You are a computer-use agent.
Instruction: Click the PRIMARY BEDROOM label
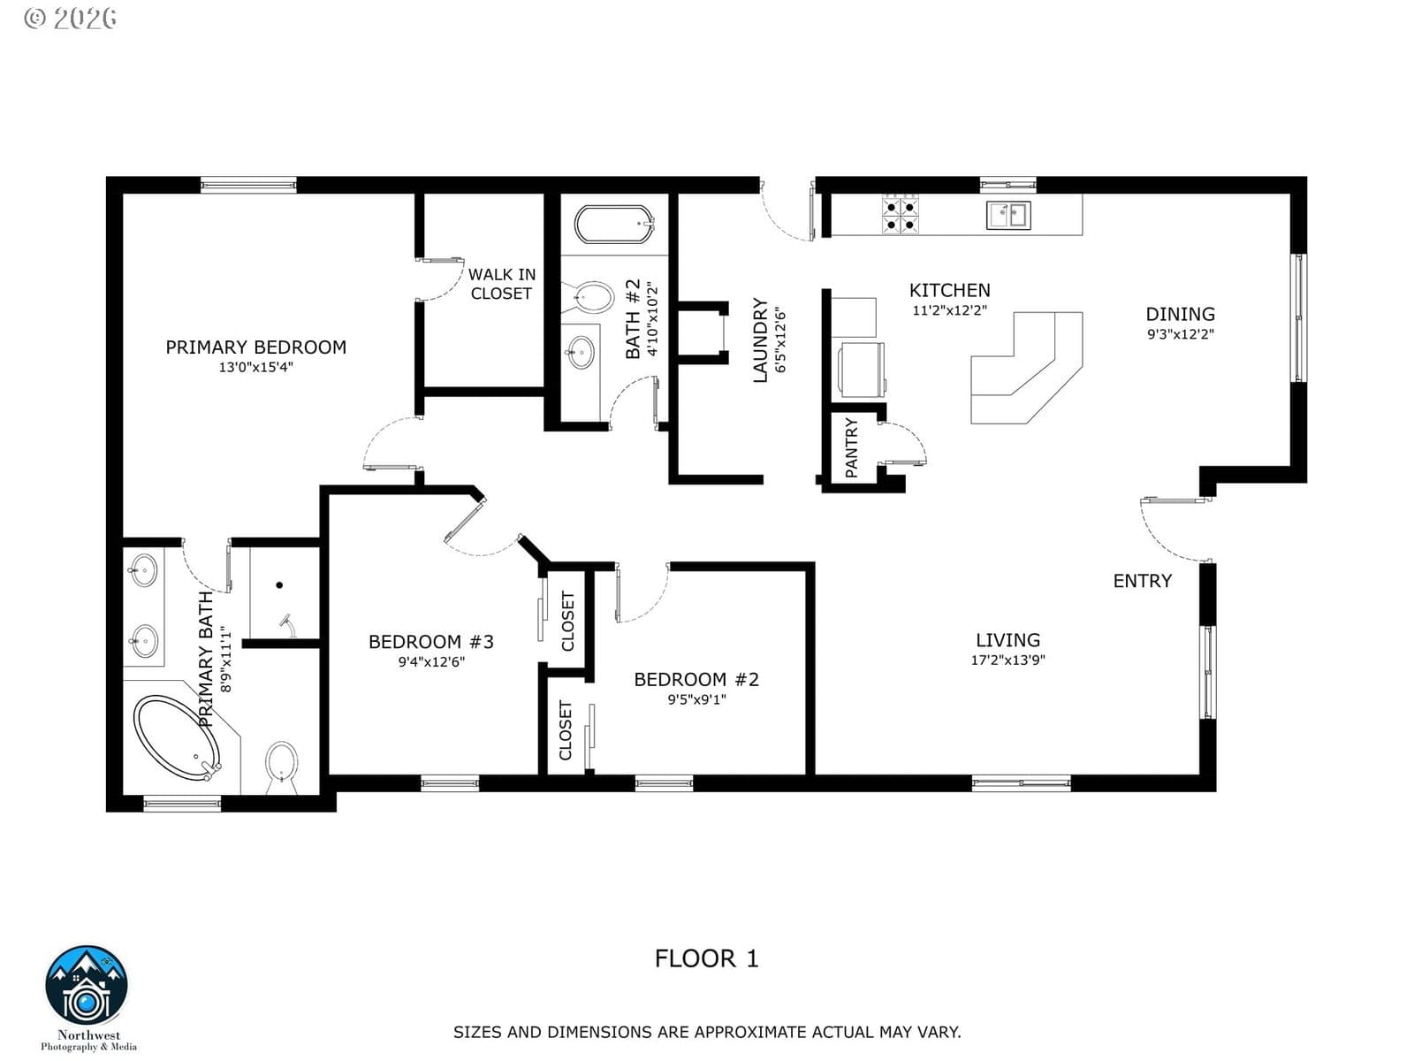click(x=255, y=347)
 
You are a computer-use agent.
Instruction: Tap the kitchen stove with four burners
click(x=900, y=214)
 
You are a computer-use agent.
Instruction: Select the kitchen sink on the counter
click(x=1008, y=215)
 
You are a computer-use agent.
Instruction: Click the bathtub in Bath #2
click(x=614, y=225)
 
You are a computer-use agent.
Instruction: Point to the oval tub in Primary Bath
click(x=177, y=737)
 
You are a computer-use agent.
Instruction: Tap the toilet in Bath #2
click(x=589, y=298)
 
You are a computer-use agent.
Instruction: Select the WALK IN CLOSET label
click(x=502, y=284)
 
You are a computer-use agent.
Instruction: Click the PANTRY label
click(x=851, y=447)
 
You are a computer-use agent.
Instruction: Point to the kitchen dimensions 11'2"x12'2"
click(x=949, y=310)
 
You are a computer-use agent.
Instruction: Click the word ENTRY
click(x=1142, y=581)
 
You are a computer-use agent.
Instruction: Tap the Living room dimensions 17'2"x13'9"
click(x=1008, y=660)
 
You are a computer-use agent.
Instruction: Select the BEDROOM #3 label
click(x=431, y=642)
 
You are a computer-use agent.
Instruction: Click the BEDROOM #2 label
click(x=696, y=680)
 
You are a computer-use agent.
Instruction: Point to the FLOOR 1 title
click(x=707, y=958)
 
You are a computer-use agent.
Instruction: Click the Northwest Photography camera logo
click(x=87, y=985)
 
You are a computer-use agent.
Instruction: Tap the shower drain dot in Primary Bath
click(x=279, y=585)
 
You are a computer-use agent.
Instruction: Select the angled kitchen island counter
click(x=1026, y=368)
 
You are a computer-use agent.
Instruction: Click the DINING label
click(x=1180, y=315)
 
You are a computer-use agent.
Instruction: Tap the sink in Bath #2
click(x=581, y=353)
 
